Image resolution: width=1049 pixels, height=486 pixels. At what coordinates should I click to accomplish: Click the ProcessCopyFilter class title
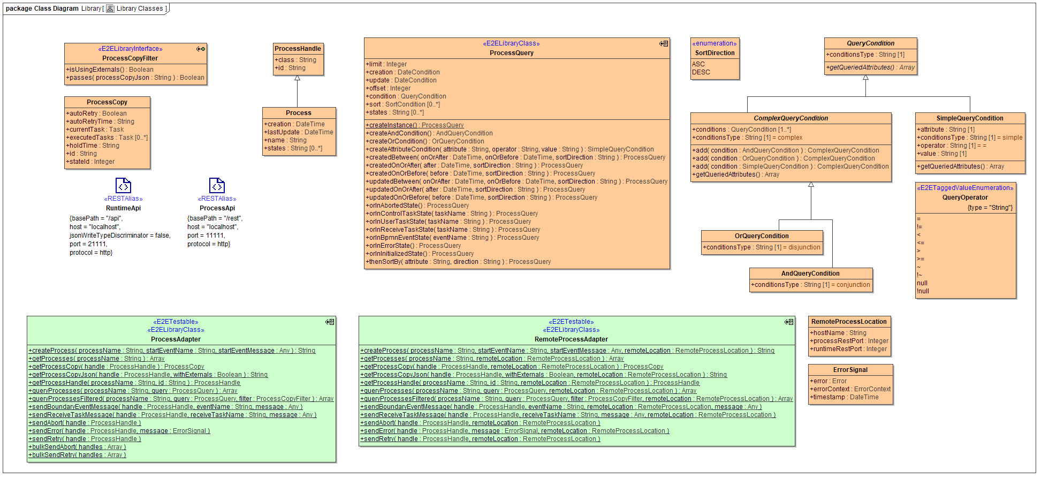pyautogui.click(x=130, y=58)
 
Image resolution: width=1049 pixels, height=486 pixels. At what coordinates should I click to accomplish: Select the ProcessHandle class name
pyautogui.click(x=298, y=49)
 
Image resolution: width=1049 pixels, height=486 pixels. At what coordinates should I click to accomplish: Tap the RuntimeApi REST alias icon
pyautogui.click(x=123, y=186)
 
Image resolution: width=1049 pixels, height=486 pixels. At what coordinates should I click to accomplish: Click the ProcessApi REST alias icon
pyautogui.click(x=217, y=186)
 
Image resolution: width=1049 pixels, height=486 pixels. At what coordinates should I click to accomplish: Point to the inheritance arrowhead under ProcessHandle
pyautogui.click(x=297, y=78)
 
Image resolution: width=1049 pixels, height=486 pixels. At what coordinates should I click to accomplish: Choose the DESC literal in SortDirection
pyautogui.click(x=701, y=72)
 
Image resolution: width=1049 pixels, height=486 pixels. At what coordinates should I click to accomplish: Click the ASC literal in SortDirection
pyautogui.click(x=698, y=64)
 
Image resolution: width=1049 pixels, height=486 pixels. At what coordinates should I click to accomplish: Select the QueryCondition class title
pyautogui.click(x=870, y=43)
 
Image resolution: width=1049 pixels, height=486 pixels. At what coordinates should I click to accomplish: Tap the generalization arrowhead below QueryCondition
pyautogui.click(x=865, y=78)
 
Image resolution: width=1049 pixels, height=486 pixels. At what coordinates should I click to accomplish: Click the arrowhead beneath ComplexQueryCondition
pyautogui.click(x=811, y=185)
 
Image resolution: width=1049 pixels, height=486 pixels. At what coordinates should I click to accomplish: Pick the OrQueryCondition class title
pyautogui.click(x=762, y=236)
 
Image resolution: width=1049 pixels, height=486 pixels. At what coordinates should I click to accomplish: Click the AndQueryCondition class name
pyautogui.click(x=810, y=274)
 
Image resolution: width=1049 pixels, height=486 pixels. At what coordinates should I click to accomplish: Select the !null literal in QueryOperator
pyautogui.click(x=923, y=291)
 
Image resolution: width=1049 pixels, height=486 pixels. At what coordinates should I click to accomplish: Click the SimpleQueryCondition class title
pyautogui.click(x=970, y=118)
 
